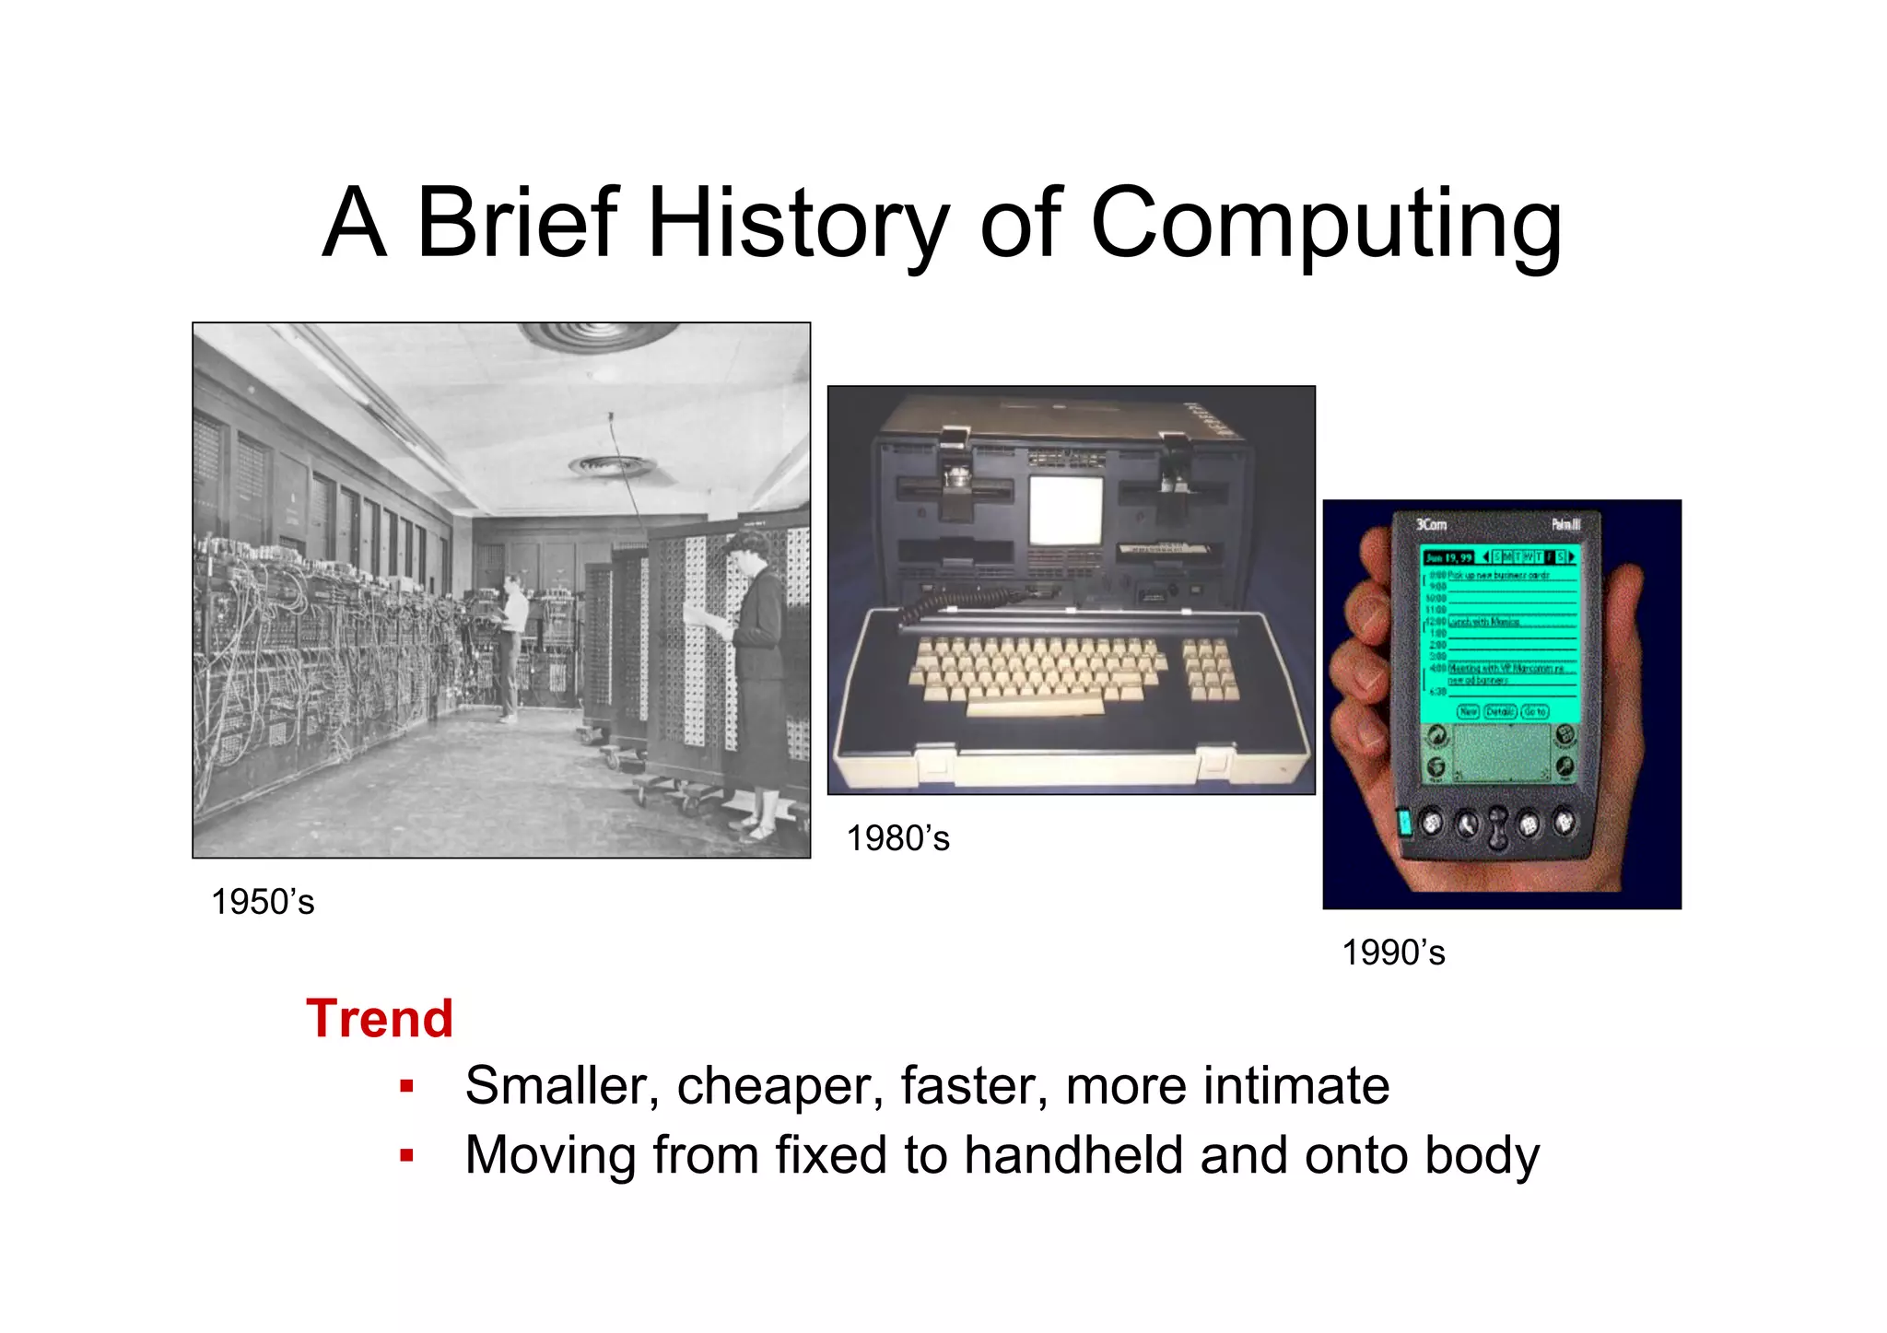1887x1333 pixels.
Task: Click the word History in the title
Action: pyautogui.click(x=798, y=224)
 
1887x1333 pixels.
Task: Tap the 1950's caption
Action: pyautogui.click(x=263, y=902)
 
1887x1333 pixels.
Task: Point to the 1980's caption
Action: pyautogui.click(x=897, y=838)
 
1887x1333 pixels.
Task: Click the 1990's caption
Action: pyautogui.click(x=1393, y=953)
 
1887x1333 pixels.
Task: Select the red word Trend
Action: pyautogui.click(x=380, y=1019)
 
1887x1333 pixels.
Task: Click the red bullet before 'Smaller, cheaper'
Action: pyautogui.click(x=406, y=1086)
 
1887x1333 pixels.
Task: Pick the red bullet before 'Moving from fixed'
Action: pyautogui.click(x=406, y=1155)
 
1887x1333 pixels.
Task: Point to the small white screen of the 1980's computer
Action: pyautogui.click(x=1066, y=509)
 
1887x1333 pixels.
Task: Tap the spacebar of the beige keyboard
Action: pyautogui.click(x=1035, y=707)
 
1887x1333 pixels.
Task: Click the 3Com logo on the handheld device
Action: pyautogui.click(x=1431, y=524)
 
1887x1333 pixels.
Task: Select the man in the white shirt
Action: pyautogui.click(x=511, y=645)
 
